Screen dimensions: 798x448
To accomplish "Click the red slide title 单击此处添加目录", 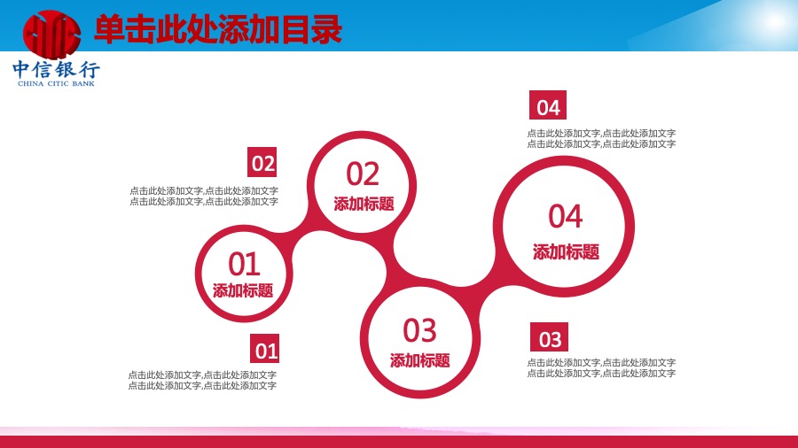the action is point(218,30).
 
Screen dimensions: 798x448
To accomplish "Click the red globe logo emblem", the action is point(52,34).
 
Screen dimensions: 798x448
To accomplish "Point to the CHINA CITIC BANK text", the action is point(56,84).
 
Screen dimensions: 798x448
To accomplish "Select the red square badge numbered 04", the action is point(548,105).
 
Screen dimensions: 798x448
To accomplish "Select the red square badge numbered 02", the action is point(262,162).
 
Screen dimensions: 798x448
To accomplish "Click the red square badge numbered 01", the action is point(264,349).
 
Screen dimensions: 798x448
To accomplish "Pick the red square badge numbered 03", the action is point(549,336).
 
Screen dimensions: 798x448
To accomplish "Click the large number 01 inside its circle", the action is point(244,264).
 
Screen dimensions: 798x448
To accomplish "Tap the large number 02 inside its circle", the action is point(363,174).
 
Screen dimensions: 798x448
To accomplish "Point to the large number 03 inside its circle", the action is point(419,330).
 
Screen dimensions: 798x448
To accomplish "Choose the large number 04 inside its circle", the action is point(566,216).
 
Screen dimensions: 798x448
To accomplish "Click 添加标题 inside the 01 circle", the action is point(243,290).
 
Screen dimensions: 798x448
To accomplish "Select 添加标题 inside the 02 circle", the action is point(364,204).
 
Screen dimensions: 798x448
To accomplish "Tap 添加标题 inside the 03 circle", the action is point(420,360).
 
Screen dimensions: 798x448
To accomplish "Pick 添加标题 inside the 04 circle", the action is point(566,252).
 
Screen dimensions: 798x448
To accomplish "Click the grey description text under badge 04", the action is point(601,139).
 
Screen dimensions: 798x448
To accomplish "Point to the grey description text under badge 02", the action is point(204,196).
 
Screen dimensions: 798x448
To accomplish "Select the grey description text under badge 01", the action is point(202,381).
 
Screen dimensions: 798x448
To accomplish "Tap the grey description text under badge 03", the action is point(601,367).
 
